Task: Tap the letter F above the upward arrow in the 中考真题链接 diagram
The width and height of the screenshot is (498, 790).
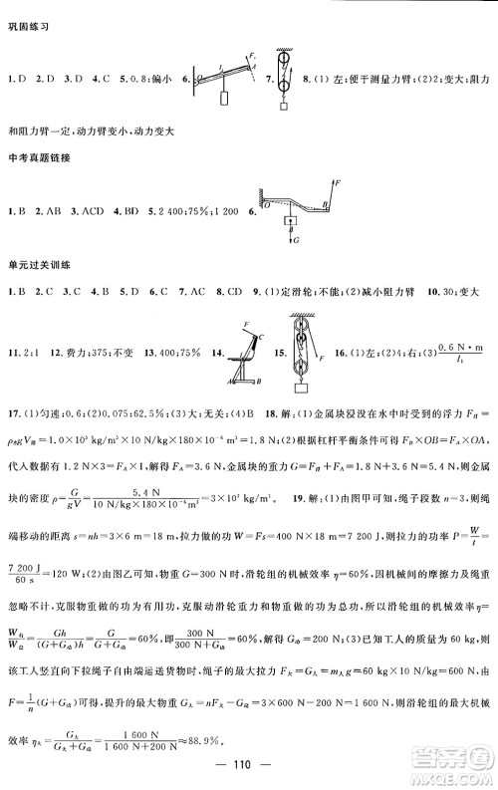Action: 339,184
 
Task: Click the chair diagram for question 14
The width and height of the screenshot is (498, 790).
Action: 246,355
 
